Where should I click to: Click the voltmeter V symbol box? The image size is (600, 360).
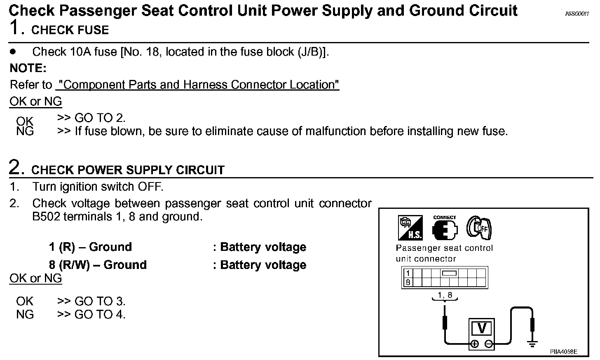point(481,329)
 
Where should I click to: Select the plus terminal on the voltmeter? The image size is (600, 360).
point(474,344)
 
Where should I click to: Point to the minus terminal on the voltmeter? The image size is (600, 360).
point(488,344)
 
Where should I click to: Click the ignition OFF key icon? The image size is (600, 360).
point(479,227)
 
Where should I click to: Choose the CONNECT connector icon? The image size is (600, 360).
point(445,228)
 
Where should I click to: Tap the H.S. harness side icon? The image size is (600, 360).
point(410,228)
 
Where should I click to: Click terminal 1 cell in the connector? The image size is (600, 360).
point(408,273)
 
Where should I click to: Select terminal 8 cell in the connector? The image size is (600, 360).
point(408,283)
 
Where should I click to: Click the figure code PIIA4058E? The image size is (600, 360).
point(563,352)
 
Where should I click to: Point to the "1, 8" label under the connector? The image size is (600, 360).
point(445,295)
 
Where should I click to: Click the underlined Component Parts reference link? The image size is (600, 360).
point(197,85)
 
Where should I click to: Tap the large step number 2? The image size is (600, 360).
point(15,168)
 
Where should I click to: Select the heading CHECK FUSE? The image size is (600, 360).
point(70,30)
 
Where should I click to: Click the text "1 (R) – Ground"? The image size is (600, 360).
point(90,247)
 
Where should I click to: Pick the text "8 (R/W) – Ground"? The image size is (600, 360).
point(98,265)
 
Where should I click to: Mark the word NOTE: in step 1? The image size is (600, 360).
point(28,68)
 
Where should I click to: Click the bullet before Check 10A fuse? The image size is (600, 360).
point(13,52)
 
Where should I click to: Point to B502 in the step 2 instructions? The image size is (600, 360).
point(46,217)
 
